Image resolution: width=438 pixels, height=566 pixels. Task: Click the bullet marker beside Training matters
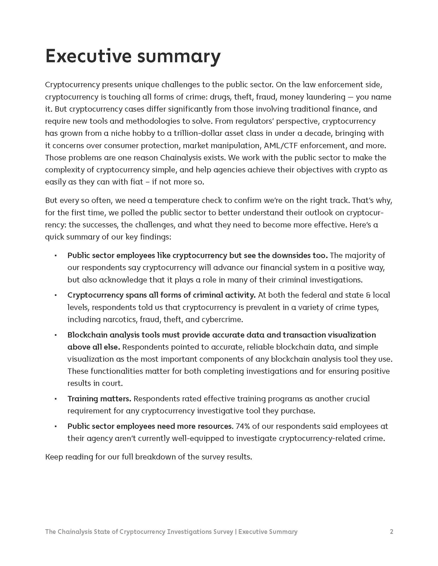click(x=56, y=399)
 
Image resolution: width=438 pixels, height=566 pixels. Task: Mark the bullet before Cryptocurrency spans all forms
click(x=56, y=295)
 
